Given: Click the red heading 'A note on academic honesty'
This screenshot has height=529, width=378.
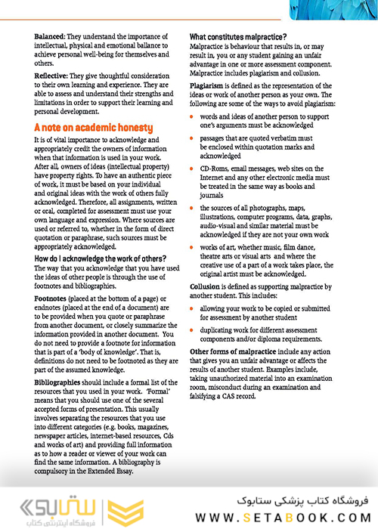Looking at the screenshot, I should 93,128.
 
